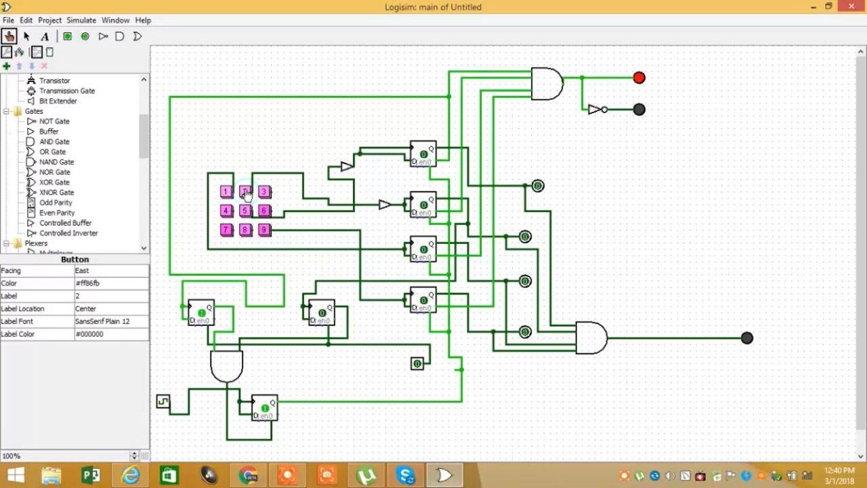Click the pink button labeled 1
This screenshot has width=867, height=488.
(226, 192)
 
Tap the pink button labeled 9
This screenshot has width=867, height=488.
(264, 230)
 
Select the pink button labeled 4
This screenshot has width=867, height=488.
(226, 211)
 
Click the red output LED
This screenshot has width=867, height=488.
(639, 78)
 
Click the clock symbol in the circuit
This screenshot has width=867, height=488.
(163, 402)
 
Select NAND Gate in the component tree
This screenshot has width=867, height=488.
(56, 162)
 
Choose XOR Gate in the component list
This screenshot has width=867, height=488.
(54, 182)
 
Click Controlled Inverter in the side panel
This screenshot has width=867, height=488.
(68, 233)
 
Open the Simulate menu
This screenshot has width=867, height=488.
(81, 20)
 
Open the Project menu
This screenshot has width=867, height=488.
(49, 20)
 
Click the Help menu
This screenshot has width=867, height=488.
(143, 20)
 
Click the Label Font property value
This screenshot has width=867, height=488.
(111, 321)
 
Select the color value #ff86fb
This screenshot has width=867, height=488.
(111, 283)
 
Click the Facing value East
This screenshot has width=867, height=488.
(111, 270)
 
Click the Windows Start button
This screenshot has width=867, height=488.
(16, 476)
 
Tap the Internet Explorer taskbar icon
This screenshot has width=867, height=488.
(129, 476)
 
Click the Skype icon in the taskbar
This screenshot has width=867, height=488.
(406, 476)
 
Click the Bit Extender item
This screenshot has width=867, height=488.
(58, 101)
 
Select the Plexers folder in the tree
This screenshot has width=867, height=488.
(36, 243)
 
